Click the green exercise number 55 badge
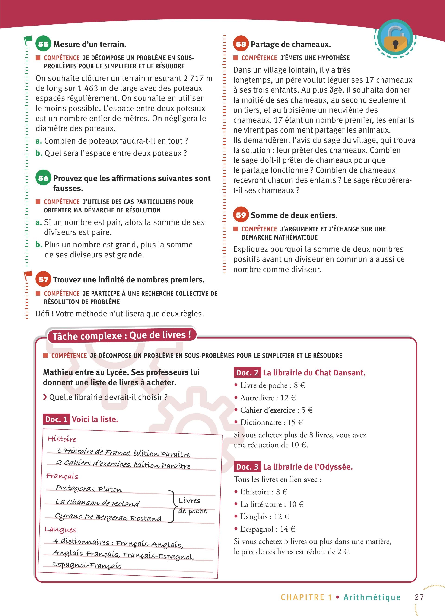point(43,44)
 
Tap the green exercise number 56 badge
point(43,178)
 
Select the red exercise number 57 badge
point(43,279)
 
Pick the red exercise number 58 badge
point(241,44)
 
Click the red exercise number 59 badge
point(241,215)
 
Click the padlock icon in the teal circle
point(395,38)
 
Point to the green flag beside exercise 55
point(28,40)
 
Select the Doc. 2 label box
point(247,372)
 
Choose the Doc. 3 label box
point(247,467)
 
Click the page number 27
point(419,597)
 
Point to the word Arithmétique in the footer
point(372,597)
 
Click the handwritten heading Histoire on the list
point(62,439)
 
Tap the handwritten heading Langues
point(60,529)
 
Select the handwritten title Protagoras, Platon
point(89,488)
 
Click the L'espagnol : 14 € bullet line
point(267,529)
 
